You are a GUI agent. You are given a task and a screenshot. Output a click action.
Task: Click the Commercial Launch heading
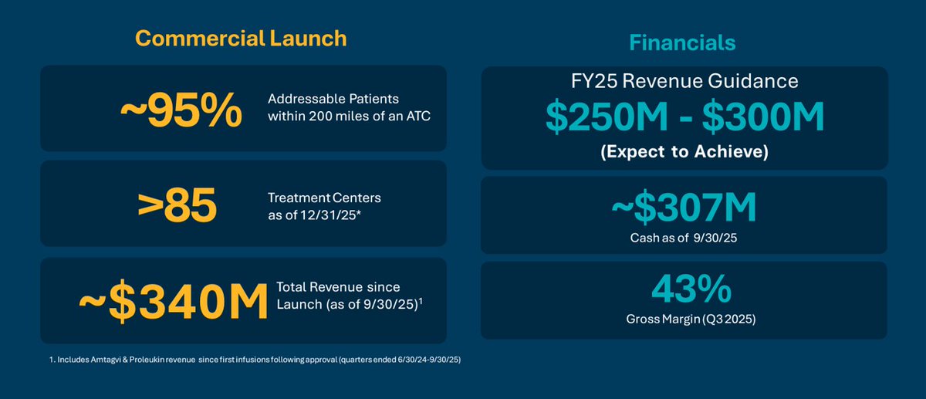[240, 38]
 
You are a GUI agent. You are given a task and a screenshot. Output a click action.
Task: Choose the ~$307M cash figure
[684, 209]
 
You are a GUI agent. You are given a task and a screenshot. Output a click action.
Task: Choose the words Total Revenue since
[339, 287]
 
